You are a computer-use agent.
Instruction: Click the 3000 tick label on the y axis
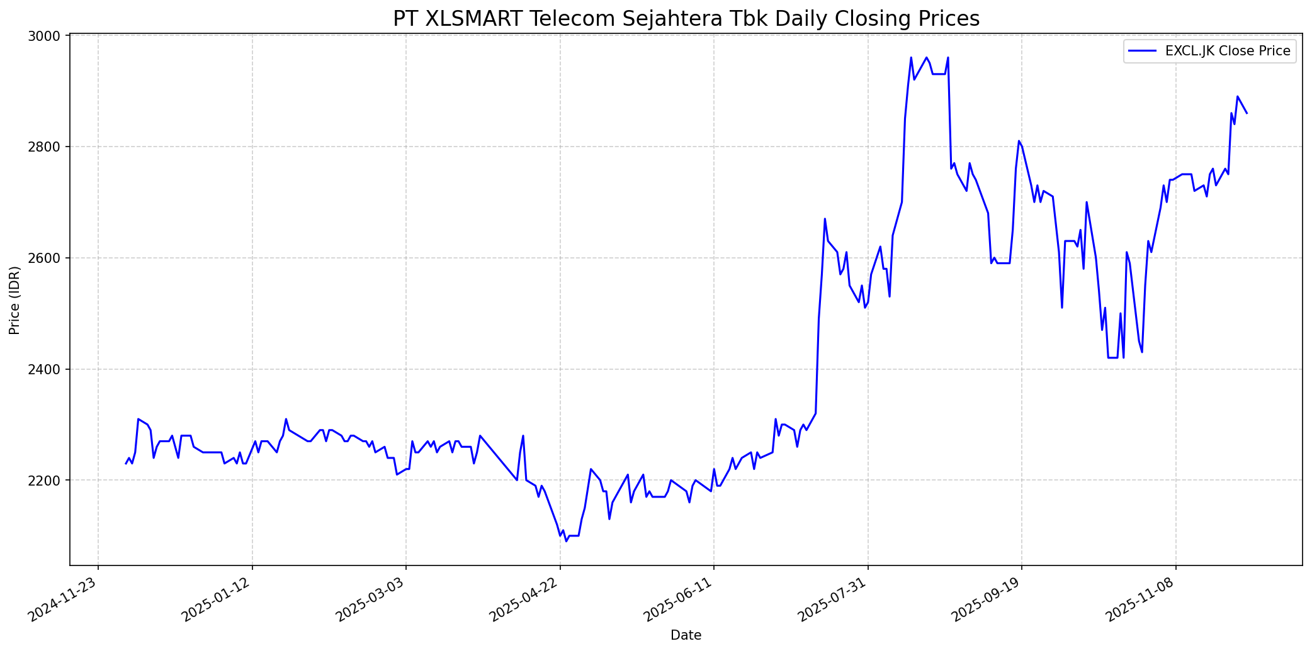click(x=47, y=36)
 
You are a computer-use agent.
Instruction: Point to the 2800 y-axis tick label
click(x=47, y=147)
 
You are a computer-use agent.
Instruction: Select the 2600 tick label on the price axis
click(x=47, y=259)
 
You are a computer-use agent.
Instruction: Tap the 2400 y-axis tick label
click(x=47, y=369)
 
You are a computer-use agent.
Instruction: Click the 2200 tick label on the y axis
click(x=47, y=481)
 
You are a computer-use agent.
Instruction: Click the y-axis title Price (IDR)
click(x=15, y=300)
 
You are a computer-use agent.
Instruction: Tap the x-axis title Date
click(x=686, y=635)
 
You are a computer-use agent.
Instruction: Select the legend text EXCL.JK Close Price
click(x=1228, y=51)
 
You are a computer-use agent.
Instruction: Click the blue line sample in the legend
click(x=1142, y=51)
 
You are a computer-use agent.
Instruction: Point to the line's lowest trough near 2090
click(x=566, y=541)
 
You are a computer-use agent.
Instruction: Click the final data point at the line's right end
click(x=1247, y=113)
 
